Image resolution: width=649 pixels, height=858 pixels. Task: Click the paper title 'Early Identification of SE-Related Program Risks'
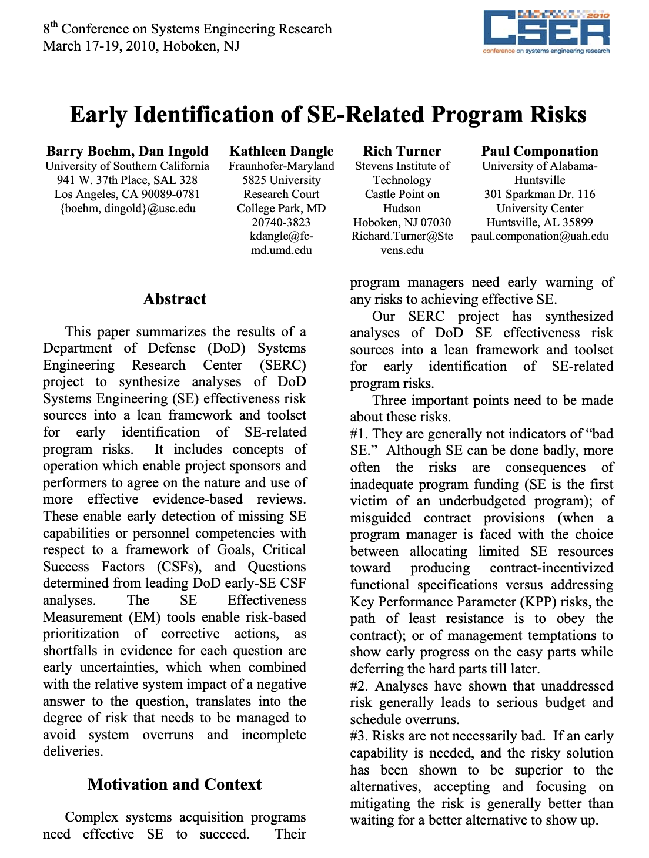tap(327, 115)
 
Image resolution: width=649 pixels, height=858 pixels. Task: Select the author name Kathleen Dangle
tap(281, 152)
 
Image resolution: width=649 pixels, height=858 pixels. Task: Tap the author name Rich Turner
tap(402, 152)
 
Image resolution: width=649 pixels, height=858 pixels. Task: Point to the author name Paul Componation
tap(539, 152)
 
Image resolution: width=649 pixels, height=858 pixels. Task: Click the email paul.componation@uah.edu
tap(539, 236)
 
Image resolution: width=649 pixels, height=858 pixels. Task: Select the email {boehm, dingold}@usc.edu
tap(128, 208)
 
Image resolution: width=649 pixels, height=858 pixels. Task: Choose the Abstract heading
tap(175, 299)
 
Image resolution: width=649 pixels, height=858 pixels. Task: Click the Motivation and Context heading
tap(175, 785)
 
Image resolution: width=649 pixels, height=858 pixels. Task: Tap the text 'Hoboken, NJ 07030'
tap(402, 222)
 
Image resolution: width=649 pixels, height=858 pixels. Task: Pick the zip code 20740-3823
tap(281, 222)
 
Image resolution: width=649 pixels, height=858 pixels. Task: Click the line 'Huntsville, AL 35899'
tap(539, 222)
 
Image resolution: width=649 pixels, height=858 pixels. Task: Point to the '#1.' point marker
tap(359, 434)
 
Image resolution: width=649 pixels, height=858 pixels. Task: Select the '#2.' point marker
tap(359, 686)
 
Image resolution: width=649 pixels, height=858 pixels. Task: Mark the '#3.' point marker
tap(359, 736)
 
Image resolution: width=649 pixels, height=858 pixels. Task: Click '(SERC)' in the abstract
tap(283, 365)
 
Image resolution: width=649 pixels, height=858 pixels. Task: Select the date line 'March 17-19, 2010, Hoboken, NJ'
tap(141, 46)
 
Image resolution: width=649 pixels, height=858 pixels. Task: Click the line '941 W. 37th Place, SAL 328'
tap(127, 180)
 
